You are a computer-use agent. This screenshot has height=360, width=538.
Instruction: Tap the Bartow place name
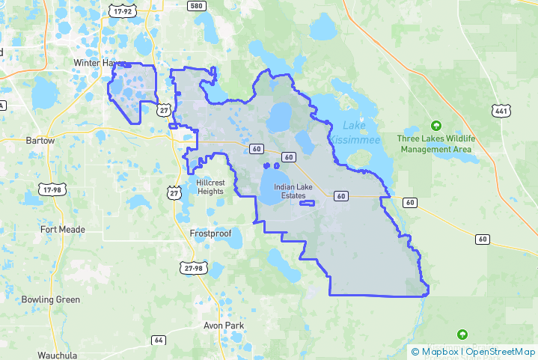pos(40,140)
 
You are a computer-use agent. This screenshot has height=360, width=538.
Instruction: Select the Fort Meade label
pos(63,230)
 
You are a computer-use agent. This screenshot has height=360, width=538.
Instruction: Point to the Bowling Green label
pos(50,299)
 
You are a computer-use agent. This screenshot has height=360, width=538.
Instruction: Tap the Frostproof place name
pos(210,234)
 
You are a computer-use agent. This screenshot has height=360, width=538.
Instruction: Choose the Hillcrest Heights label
pos(210,186)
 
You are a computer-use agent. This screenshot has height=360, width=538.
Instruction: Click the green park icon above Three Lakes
pos(436,125)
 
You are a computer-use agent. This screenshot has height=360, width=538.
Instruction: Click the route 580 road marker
pos(197,7)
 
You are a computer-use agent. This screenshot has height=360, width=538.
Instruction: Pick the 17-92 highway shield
pos(121,11)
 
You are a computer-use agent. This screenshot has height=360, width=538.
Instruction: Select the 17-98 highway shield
pos(52,191)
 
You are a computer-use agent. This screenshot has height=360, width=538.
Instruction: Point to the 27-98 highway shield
pos(192,268)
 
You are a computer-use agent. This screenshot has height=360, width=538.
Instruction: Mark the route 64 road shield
pos(158,340)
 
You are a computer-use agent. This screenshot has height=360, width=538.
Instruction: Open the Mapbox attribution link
pos(438,351)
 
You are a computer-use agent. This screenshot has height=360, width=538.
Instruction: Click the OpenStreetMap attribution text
pos(499,351)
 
